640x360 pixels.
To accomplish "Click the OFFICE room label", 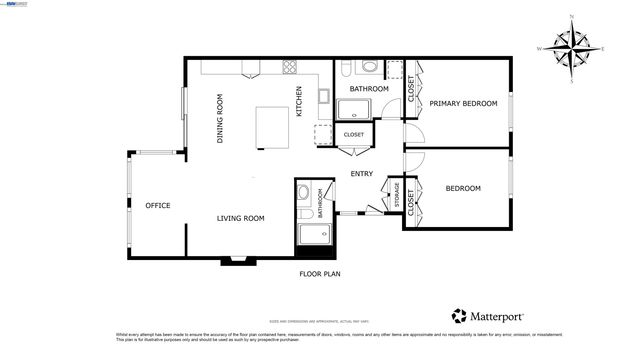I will (158, 206).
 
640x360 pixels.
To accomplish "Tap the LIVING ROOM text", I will (241, 218).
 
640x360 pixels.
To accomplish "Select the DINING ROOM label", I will (220, 118).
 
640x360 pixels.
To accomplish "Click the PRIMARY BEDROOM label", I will (463, 103).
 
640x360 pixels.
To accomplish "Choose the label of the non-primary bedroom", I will (463, 188).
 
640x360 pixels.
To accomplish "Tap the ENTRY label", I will (362, 174).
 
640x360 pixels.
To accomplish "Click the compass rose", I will (572, 48).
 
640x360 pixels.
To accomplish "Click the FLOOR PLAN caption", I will (320, 273).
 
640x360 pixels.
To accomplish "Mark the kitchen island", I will (274, 125).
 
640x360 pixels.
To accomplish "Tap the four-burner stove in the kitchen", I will (291, 68).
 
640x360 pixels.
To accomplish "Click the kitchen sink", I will (325, 96).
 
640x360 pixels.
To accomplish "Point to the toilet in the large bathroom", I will (368, 67).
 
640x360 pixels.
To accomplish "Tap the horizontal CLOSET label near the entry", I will (354, 134).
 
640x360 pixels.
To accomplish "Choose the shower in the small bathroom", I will (315, 235).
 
